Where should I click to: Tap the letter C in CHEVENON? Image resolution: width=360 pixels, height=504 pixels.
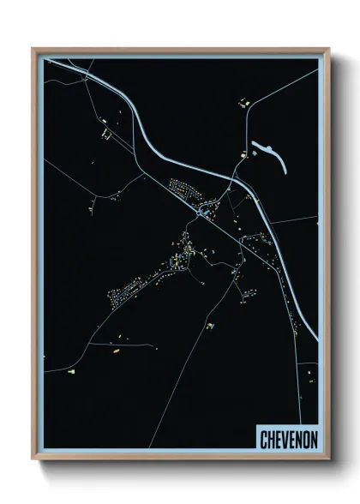(x=263, y=438)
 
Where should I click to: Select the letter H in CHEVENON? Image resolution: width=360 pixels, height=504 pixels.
(x=270, y=438)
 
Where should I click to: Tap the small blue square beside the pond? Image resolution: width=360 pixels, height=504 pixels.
(x=255, y=153)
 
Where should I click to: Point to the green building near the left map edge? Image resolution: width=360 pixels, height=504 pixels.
(x=72, y=372)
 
